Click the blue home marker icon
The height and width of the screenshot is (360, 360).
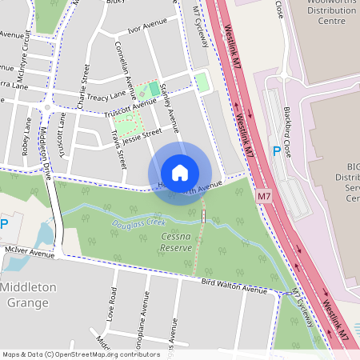click(x=180, y=173)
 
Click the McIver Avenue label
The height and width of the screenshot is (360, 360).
click(x=27, y=253)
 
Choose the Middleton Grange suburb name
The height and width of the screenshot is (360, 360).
click(x=29, y=294)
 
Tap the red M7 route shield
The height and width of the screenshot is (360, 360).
click(x=265, y=196)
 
